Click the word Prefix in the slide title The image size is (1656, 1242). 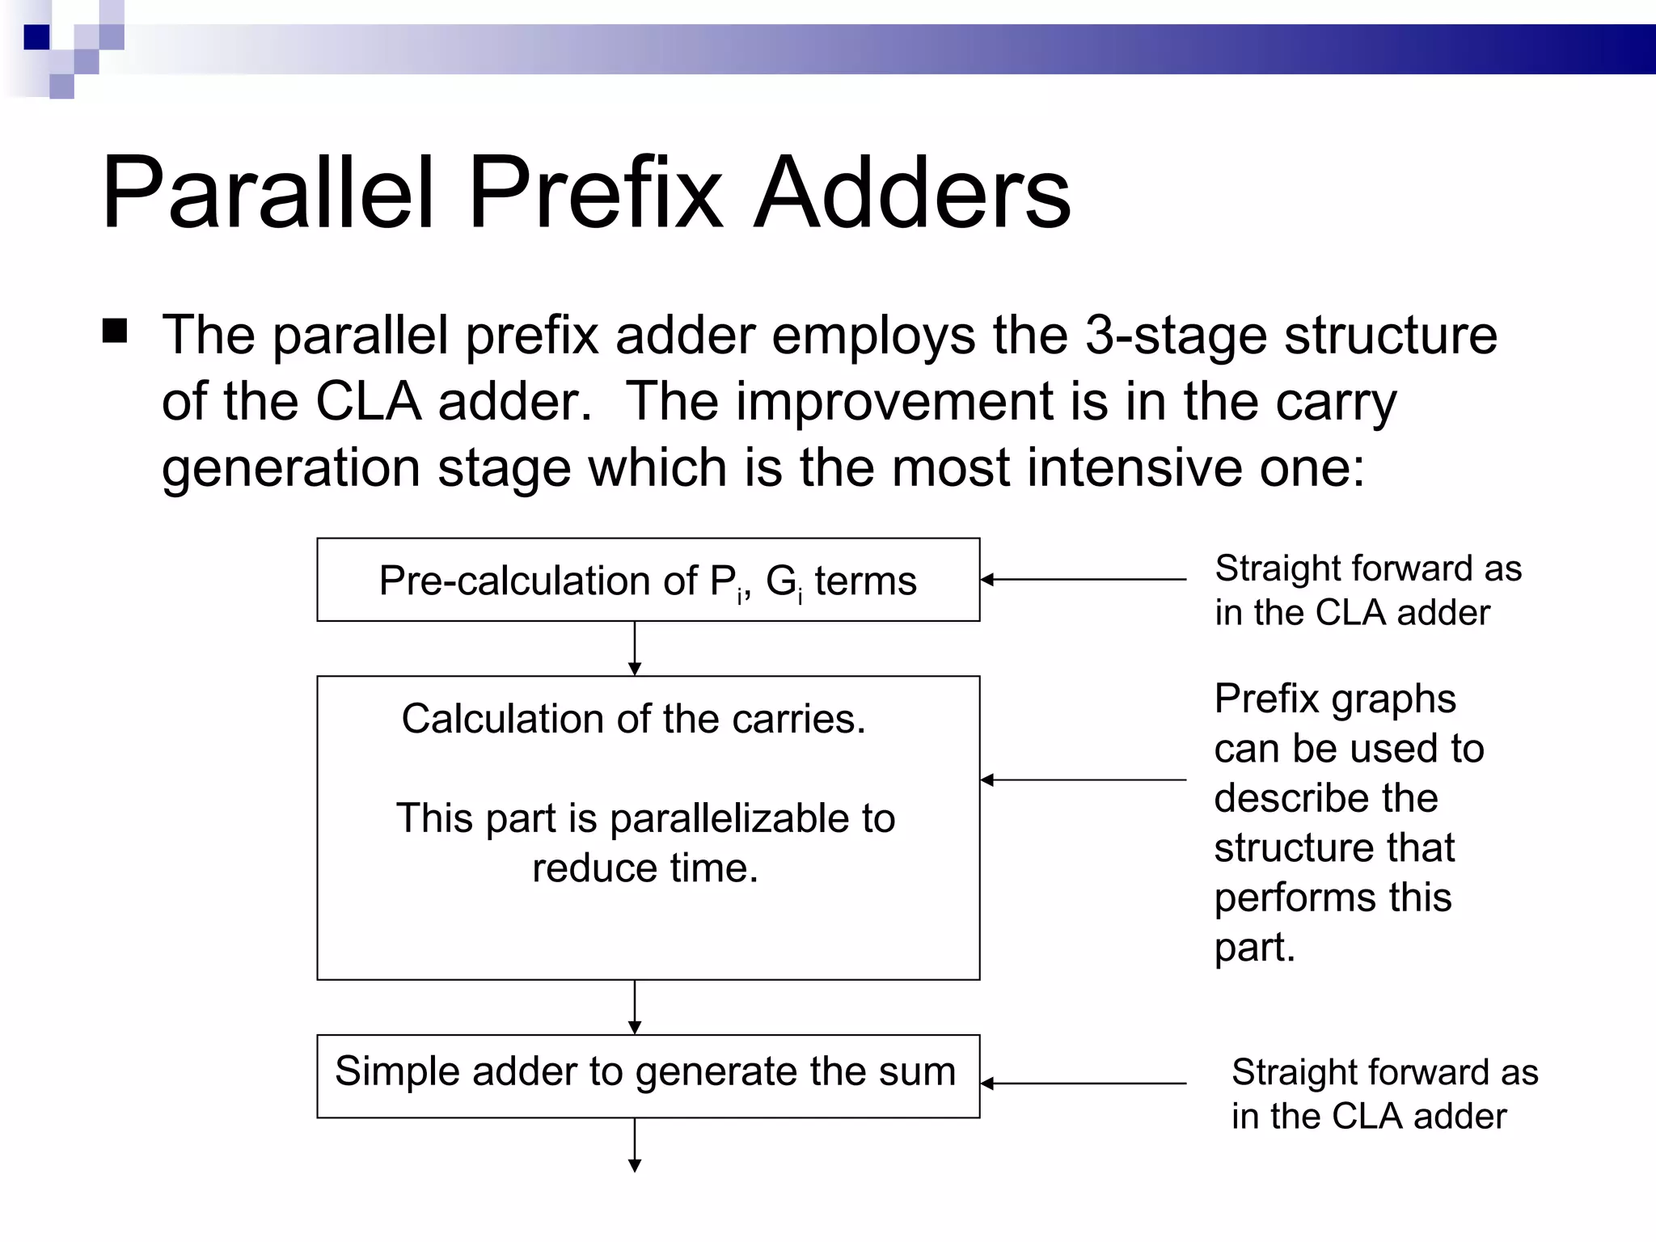[x=594, y=194]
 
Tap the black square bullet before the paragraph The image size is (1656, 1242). [x=115, y=332]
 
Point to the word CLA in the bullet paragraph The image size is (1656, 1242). [x=368, y=401]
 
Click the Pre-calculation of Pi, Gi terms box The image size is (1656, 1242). [x=648, y=580]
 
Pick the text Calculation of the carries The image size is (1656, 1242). [x=633, y=719]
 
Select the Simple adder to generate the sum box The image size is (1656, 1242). [x=648, y=1075]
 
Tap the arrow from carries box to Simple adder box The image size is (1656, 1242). [x=635, y=1007]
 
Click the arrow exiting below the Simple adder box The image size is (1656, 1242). [x=635, y=1144]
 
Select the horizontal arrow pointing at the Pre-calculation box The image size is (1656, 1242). [x=1084, y=580]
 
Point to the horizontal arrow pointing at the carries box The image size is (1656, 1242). [x=1084, y=780]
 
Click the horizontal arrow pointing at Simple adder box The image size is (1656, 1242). [x=1084, y=1084]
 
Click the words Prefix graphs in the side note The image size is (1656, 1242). [x=1334, y=699]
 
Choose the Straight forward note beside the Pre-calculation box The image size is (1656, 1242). [x=1367, y=590]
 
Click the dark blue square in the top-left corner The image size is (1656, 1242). [x=36, y=37]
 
